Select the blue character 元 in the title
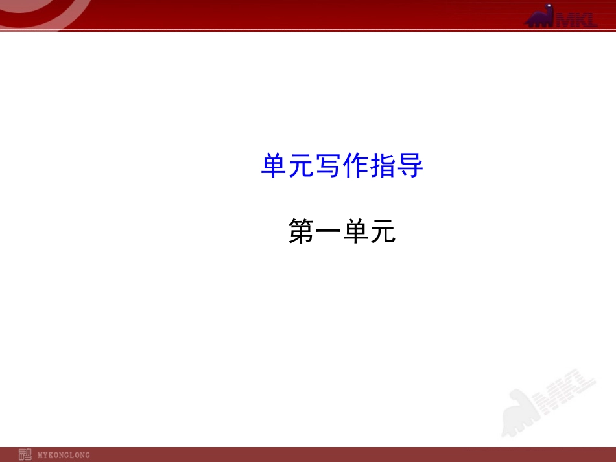(301, 167)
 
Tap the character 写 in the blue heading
(328, 167)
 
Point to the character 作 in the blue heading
(355, 167)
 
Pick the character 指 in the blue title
(383, 167)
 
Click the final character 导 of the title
(410, 167)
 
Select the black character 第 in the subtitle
(301, 232)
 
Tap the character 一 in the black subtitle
(328, 232)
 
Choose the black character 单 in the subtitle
(355, 232)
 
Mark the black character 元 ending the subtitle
(383, 232)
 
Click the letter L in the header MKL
(589, 19)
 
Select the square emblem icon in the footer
(25, 454)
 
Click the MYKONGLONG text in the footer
(64, 455)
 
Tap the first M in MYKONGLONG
(41, 455)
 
